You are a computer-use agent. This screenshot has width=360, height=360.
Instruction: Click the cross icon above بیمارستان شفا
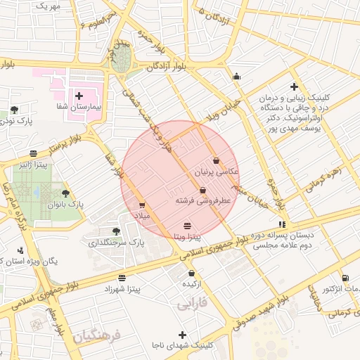pos(79,95)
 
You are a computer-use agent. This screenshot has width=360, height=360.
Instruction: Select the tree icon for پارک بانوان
pos(66,192)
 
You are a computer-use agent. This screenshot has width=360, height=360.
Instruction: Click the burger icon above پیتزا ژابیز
pos(34,153)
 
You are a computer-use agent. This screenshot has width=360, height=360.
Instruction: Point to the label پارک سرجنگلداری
pos(115,243)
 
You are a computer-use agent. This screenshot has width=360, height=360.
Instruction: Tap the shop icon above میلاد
pos(142,205)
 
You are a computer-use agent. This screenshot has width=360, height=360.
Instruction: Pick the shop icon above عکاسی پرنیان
pos(215,160)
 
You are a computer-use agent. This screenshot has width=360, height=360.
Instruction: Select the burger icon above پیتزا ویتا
pos(187,226)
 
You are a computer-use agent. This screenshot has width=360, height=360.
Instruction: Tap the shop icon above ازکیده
pos(191,273)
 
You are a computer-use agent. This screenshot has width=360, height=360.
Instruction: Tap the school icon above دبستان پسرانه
pos(283,224)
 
